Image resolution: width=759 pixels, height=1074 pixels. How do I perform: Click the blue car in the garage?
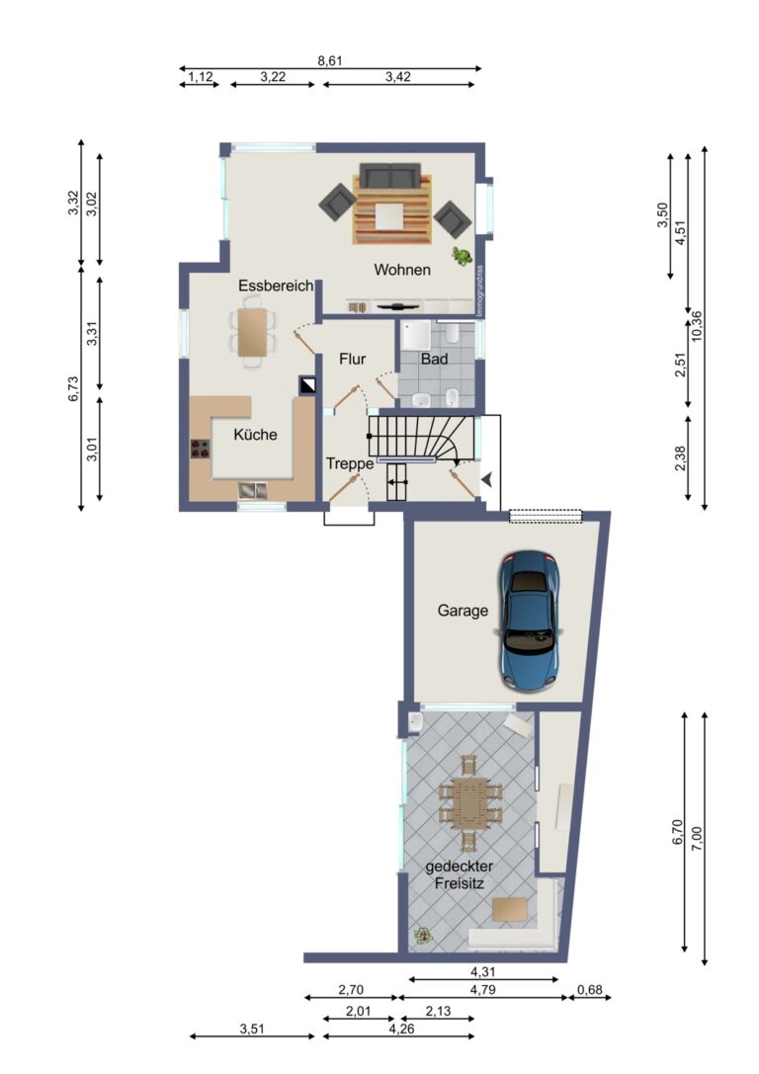[x=530, y=619]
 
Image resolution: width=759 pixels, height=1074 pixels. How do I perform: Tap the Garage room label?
[x=463, y=611]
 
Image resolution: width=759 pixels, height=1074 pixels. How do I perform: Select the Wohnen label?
[x=401, y=269]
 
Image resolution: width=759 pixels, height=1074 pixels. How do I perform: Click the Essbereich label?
[x=275, y=286]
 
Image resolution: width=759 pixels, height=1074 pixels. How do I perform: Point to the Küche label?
[x=255, y=434]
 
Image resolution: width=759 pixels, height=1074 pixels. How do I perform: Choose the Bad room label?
[x=434, y=359]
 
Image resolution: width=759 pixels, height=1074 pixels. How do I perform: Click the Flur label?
[x=353, y=359]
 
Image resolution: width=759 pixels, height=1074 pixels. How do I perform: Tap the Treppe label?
[x=350, y=462]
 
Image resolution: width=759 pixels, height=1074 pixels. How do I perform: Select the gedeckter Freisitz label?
[x=460, y=875]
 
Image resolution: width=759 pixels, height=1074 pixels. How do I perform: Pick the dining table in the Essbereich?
[x=253, y=331]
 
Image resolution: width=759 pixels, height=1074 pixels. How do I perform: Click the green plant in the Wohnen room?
[x=462, y=257]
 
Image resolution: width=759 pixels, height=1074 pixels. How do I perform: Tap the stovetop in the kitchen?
[x=201, y=448]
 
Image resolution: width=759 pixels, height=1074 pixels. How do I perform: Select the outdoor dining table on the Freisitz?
[x=470, y=801]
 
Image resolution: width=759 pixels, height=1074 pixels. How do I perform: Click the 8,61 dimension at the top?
[x=330, y=60]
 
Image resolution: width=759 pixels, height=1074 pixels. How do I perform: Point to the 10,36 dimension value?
[x=698, y=325]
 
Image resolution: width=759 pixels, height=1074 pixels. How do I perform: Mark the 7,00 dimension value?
[x=698, y=835]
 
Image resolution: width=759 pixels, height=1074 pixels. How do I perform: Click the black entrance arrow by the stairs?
[x=486, y=479]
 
